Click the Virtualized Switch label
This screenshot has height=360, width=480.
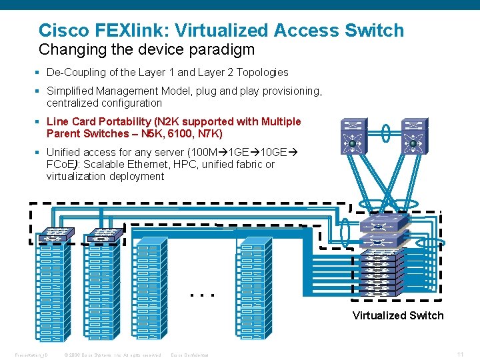[397, 315]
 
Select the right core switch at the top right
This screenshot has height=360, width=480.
[414, 135]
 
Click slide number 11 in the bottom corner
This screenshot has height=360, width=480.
[460, 354]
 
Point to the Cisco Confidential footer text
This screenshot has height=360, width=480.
[190, 355]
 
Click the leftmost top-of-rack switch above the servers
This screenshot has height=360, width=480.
[51, 234]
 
